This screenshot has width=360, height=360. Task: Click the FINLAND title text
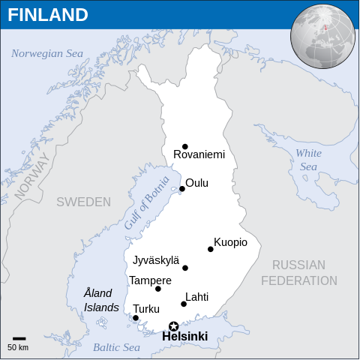coord(48,15)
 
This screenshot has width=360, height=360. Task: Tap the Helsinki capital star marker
coord(174,326)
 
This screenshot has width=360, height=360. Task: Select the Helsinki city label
coord(184,337)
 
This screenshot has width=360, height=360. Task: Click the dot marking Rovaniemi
coord(185,146)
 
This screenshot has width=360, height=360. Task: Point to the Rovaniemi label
coord(199,155)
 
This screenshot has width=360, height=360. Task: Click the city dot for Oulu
coord(182,189)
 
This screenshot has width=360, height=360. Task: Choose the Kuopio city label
coord(230,242)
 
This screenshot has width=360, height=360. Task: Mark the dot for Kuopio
coord(211,249)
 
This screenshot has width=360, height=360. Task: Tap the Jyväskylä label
coord(156,261)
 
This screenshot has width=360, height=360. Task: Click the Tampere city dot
coord(158,289)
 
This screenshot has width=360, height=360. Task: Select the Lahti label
coord(196,297)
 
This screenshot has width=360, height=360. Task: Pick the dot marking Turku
coord(136,318)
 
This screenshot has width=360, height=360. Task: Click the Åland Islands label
coord(100,300)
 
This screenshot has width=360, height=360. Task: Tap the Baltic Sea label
coord(116,347)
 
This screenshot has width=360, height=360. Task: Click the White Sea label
coord(308,160)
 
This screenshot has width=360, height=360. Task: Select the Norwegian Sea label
coord(47,53)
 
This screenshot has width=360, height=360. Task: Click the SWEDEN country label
coord(83,202)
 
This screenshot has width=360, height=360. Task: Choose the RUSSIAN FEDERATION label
coord(298,273)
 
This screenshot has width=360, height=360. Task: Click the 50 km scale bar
coord(19,339)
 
